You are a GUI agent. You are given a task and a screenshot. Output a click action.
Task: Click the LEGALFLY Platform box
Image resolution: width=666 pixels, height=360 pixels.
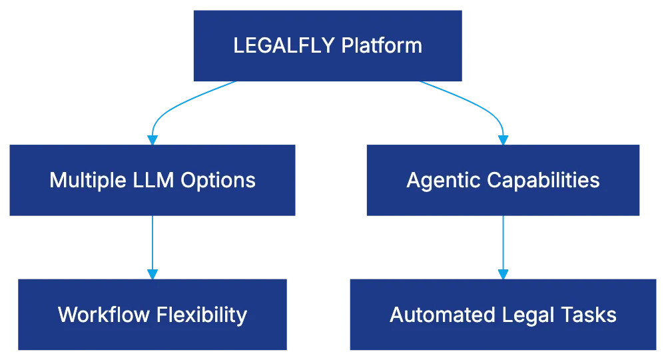click(x=327, y=45)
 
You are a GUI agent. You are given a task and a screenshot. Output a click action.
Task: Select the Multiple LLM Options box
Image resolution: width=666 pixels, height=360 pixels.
click(x=152, y=180)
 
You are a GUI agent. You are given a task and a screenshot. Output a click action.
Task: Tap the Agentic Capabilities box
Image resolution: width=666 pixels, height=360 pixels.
click(x=503, y=180)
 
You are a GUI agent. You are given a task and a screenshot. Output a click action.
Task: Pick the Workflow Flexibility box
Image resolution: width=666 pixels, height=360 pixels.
click(x=152, y=314)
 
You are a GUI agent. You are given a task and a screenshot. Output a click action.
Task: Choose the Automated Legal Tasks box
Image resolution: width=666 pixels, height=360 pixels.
click(x=503, y=314)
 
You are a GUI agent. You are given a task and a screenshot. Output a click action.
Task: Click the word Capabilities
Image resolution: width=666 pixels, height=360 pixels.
click(x=542, y=180)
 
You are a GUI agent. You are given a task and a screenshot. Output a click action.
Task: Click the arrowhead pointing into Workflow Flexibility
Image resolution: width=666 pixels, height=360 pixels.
click(x=153, y=273)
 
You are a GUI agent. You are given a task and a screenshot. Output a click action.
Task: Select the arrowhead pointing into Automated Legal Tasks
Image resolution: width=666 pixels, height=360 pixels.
click(x=503, y=273)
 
